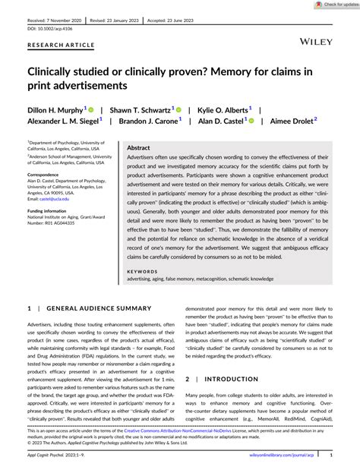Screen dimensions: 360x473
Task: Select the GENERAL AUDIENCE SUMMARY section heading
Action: [102, 308]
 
